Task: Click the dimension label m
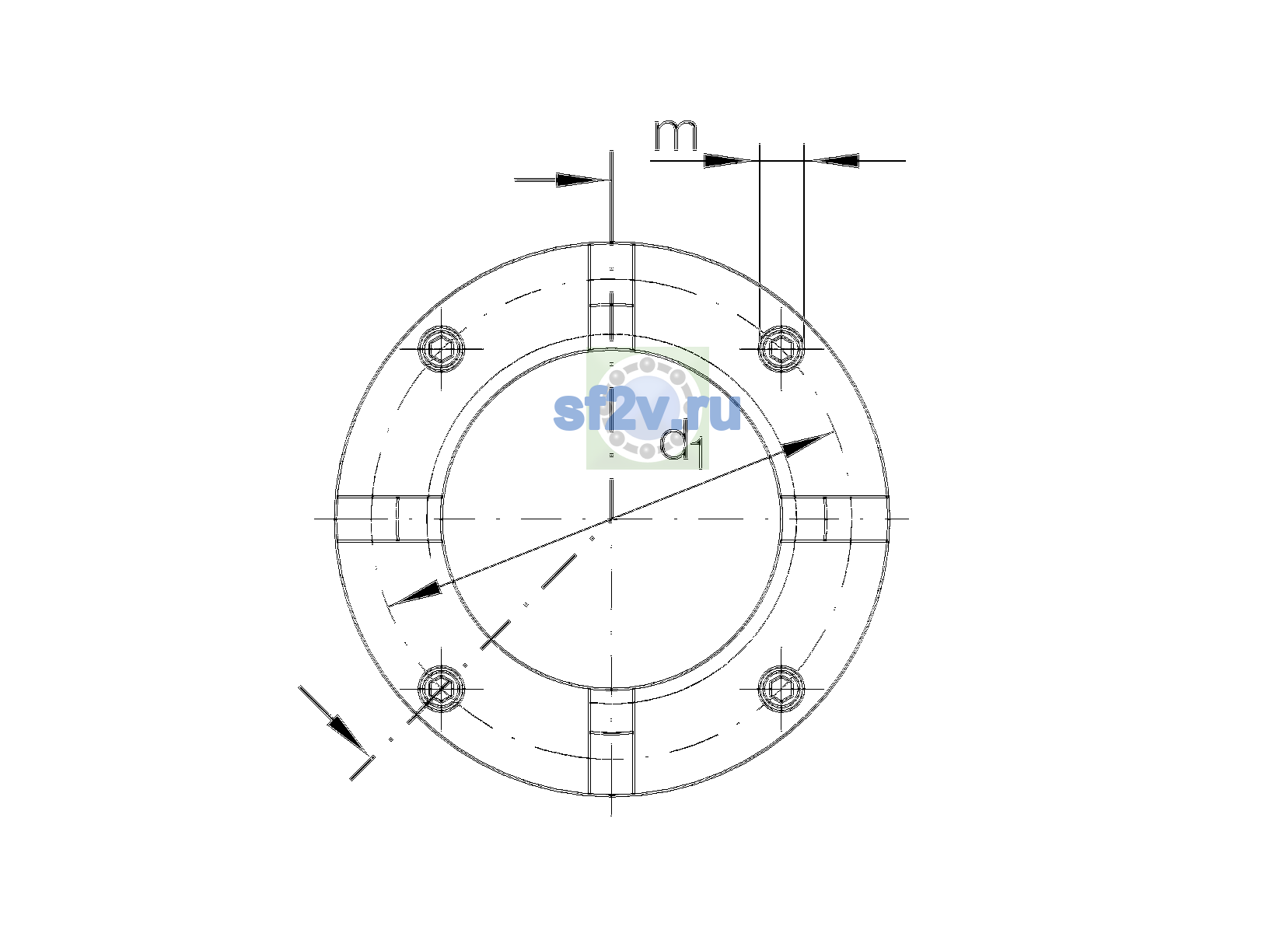click(676, 135)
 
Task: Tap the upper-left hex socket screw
click(441, 348)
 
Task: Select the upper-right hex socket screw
click(781, 348)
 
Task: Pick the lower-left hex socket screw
click(441, 688)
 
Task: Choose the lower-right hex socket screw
click(781, 688)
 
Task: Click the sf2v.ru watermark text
click(647, 412)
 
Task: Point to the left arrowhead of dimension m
click(727, 161)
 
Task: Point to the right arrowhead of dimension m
click(836, 161)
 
